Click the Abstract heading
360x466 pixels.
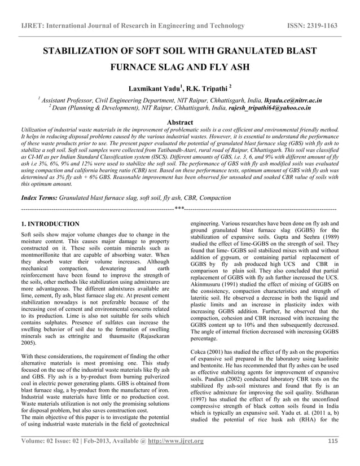(x=177, y=122)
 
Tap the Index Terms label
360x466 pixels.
(x=38, y=198)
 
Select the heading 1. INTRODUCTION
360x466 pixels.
(x=49, y=224)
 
